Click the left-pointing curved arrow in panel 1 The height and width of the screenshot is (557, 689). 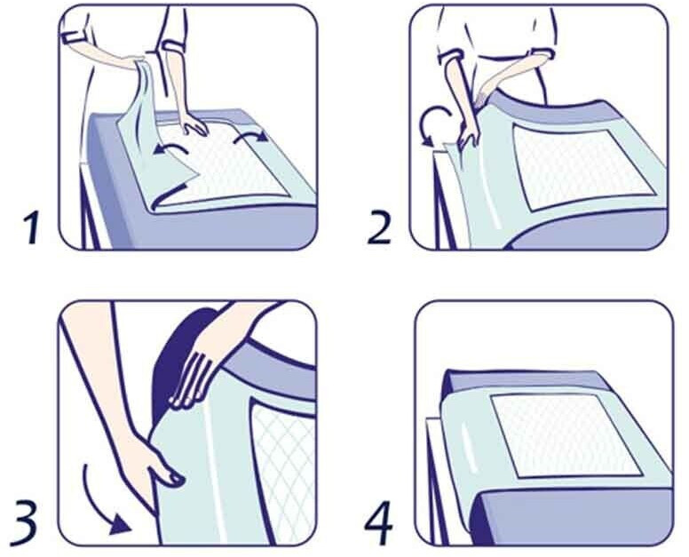(x=170, y=148)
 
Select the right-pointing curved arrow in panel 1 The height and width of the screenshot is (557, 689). (x=250, y=135)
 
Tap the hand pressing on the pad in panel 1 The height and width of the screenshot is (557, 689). (x=194, y=123)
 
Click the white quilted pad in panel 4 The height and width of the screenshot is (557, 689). (x=566, y=434)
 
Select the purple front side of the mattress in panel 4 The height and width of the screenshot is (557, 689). (x=571, y=516)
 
